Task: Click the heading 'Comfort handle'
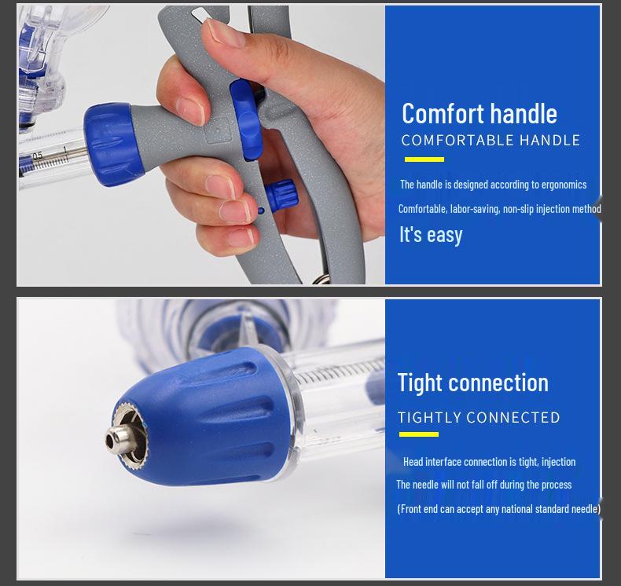[x=479, y=113]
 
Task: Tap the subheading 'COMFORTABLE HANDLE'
[x=491, y=141]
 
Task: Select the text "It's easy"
[x=431, y=234]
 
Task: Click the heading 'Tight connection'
[x=472, y=383]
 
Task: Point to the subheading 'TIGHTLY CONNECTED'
[x=479, y=417]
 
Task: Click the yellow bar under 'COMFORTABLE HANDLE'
[x=424, y=159]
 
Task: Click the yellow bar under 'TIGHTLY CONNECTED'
[x=418, y=434]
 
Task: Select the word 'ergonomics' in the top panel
[x=560, y=185]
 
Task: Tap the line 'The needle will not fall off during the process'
[x=483, y=485]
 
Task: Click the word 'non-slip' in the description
[x=520, y=209]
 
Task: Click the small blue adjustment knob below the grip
[x=280, y=193]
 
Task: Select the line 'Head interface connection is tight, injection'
[x=489, y=462]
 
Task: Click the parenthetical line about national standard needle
[x=498, y=509]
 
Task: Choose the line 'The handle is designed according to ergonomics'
[x=493, y=185]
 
